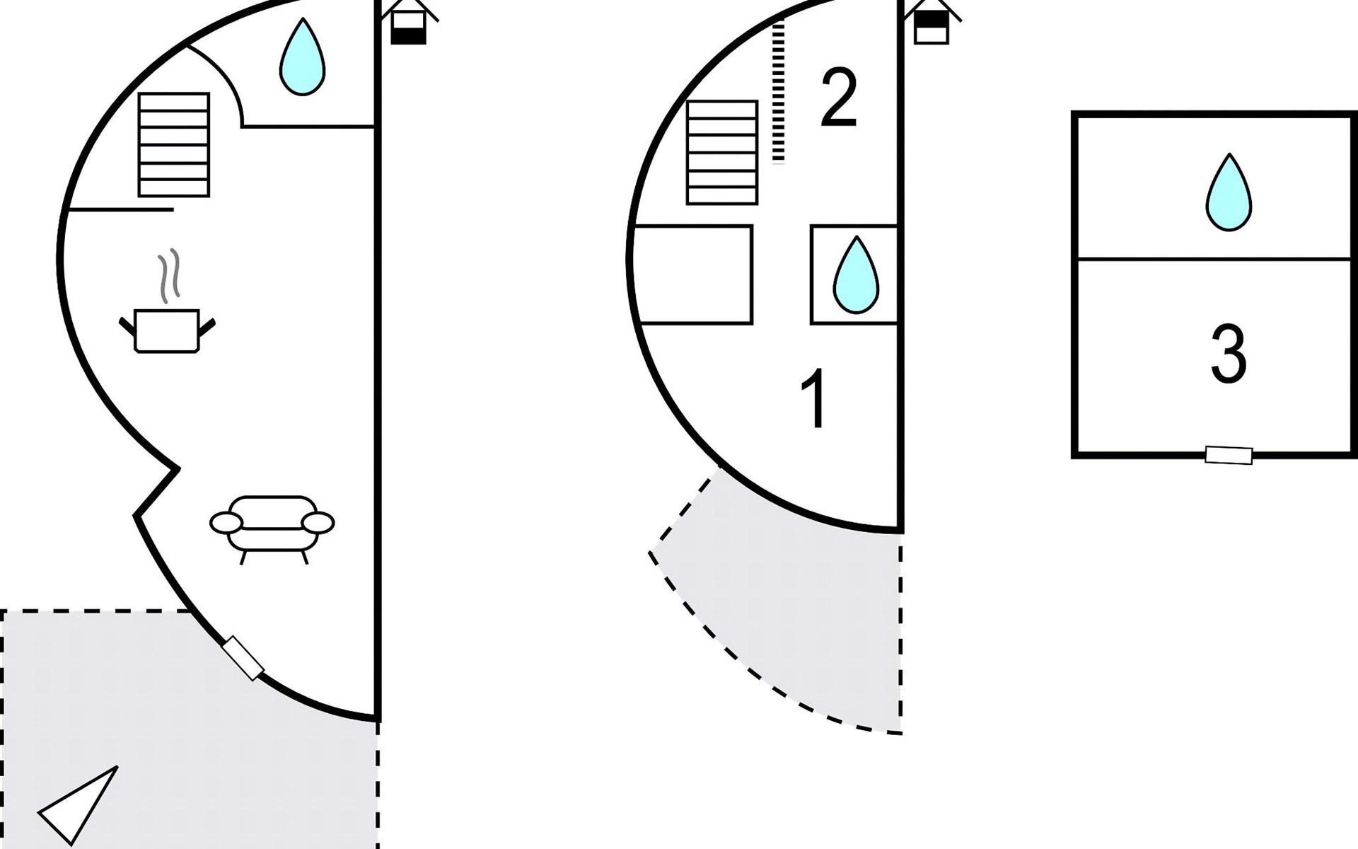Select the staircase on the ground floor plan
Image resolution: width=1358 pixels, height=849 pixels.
pyautogui.click(x=174, y=145)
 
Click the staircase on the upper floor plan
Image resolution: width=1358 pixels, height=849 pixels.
pyautogui.click(x=722, y=153)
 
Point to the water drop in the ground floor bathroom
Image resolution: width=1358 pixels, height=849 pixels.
pyautogui.click(x=302, y=58)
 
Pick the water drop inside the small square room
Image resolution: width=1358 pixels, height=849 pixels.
pyautogui.click(x=856, y=276)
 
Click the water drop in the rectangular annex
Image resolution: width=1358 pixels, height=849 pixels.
pyautogui.click(x=1229, y=193)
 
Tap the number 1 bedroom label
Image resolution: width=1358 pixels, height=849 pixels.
pyautogui.click(x=816, y=398)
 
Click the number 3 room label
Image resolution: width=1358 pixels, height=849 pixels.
pyautogui.click(x=1228, y=354)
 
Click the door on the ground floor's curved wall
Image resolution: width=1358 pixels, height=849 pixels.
pyautogui.click(x=243, y=658)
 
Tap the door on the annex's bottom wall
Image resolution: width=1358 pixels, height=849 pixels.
pyautogui.click(x=1229, y=455)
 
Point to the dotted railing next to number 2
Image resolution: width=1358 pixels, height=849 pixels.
pyautogui.click(x=779, y=92)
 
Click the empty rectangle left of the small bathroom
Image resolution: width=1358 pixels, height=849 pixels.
pyautogui.click(x=693, y=275)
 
